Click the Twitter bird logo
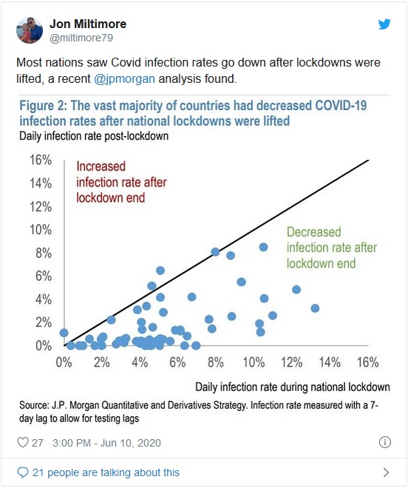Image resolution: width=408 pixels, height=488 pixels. (384, 24)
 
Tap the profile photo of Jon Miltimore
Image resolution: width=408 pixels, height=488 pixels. (30, 30)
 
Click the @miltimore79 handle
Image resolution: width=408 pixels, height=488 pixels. (81, 38)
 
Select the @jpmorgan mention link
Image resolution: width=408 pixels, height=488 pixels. (124, 78)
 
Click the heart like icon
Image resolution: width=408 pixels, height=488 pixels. (23, 442)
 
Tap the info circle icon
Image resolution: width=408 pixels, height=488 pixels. (385, 442)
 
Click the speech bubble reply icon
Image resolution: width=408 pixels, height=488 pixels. (22, 472)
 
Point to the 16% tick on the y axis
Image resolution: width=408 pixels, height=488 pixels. (41, 160)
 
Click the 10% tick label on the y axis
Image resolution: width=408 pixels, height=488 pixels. (41, 230)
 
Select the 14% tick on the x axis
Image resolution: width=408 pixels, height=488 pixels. (330, 362)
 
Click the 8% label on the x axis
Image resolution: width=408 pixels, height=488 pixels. (216, 362)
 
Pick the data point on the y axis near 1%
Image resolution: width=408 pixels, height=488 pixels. (64, 333)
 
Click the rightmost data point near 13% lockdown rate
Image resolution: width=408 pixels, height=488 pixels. (315, 308)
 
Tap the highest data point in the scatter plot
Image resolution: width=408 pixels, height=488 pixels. (263, 247)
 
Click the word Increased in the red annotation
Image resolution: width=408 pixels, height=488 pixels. (101, 166)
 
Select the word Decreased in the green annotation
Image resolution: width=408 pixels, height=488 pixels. (313, 232)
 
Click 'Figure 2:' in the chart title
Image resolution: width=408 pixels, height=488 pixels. (44, 106)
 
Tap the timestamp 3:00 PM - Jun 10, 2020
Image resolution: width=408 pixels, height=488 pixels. (106, 443)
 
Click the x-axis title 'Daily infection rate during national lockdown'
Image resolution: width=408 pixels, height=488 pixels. (293, 387)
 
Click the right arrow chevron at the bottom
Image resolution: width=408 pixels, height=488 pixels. (386, 472)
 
